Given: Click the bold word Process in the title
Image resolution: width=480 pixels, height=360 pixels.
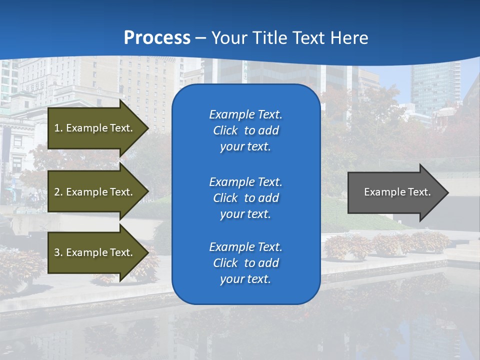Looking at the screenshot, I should (x=157, y=38).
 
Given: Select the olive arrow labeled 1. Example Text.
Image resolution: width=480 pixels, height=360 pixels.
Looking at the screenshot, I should (x=95, y=128).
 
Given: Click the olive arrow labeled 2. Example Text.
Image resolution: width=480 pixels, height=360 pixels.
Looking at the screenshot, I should (x=95, y=192).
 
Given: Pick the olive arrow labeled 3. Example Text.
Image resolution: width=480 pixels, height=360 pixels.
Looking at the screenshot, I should (x=95, y=252).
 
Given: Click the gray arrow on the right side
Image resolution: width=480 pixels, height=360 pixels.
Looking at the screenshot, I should (x=395, y=192).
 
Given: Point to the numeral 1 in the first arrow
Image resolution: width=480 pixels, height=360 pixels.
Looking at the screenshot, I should (x=57, y=128).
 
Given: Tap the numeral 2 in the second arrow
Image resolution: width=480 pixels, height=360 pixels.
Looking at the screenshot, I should (x=57, y=192).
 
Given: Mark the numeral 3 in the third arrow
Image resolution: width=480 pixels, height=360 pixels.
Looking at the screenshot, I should (x=57, y=252).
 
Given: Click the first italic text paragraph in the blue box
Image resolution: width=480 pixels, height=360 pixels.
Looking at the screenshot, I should (x=245, y=130).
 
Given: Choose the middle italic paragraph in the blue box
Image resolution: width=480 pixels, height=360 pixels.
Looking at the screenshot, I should (x=245, y=198).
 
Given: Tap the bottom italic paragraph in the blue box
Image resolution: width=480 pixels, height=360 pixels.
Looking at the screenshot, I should (x=245, y=263).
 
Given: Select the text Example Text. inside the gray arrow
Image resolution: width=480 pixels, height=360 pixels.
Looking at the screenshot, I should (x=397, y=192).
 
